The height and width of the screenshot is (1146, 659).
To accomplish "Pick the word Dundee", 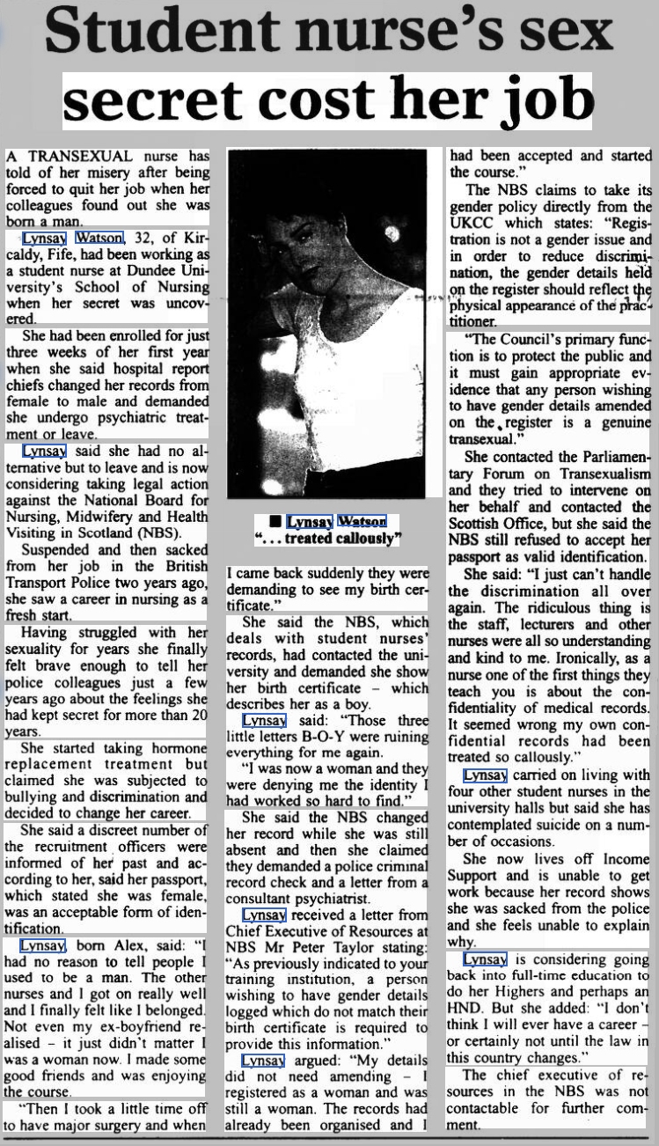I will tap(153, 271).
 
